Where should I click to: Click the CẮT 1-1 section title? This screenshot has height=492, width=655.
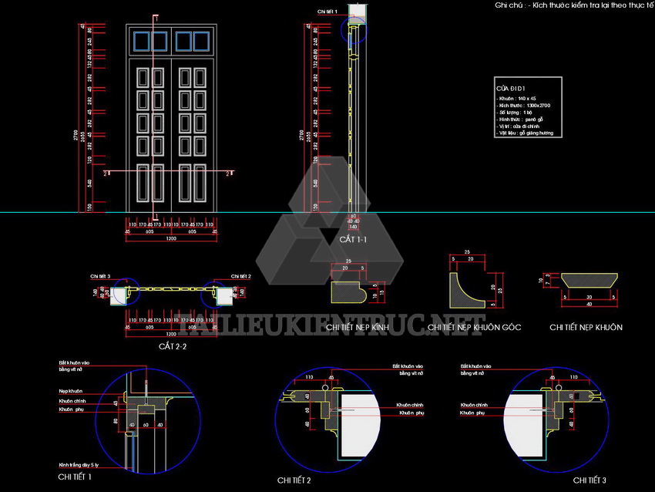[x=354, y=240]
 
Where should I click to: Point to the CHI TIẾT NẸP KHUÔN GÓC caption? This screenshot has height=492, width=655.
[x=474, y=328]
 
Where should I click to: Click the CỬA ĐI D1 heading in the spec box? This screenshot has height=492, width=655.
[x=510, y=89]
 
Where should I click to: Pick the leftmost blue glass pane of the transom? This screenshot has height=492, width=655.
[x=141, y=41]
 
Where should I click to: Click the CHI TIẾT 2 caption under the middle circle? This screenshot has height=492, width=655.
[x=294, y=480]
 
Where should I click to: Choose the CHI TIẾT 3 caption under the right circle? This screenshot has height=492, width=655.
[x=589, y=480]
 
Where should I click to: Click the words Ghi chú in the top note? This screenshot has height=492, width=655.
[x=509, y=5]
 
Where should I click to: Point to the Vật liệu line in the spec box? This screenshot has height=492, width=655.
[x=526, y=133]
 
